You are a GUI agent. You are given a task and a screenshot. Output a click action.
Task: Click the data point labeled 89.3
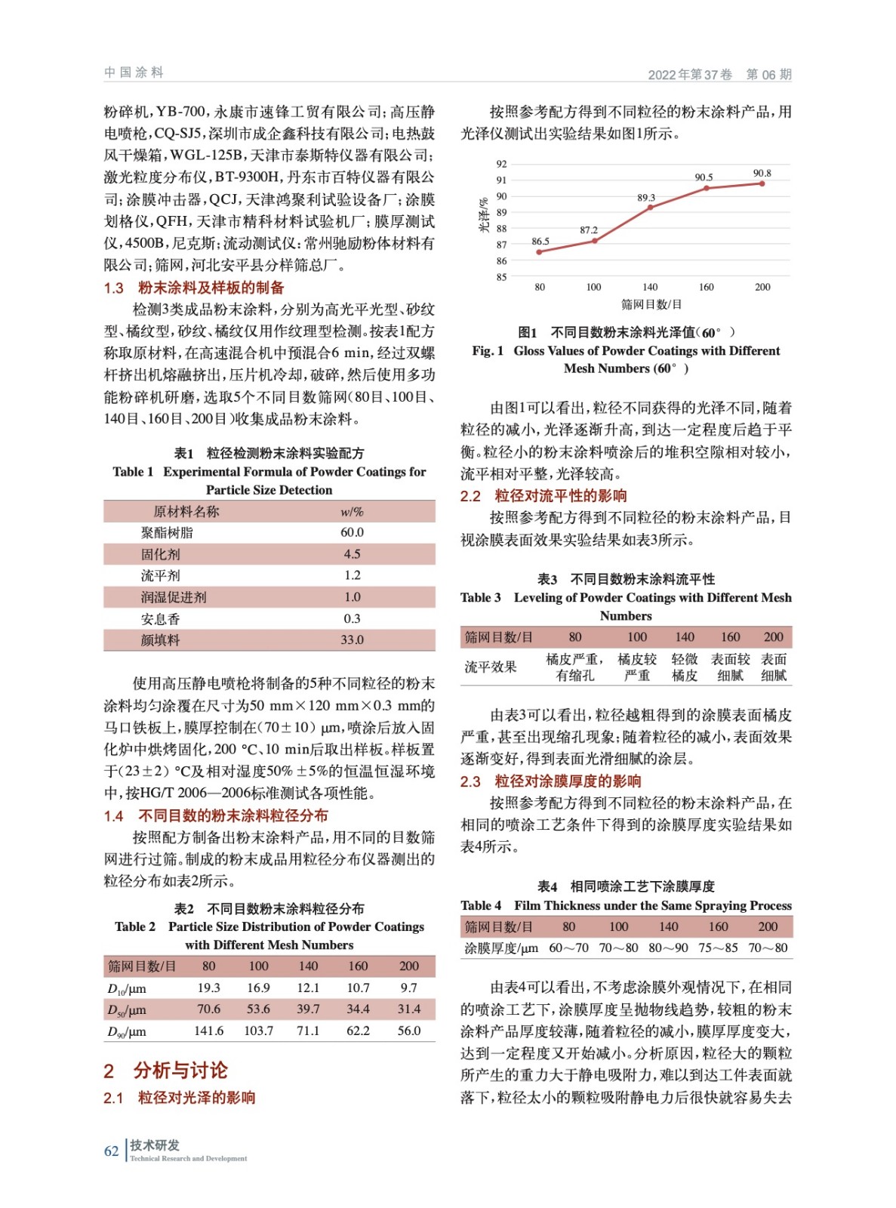pyautogui.click(x=650, y=208)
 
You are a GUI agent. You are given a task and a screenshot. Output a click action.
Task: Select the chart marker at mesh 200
pyautogui.click(x=762, y=183)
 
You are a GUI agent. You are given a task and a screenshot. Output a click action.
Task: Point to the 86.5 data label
pyautogui.click(x=540, y=242)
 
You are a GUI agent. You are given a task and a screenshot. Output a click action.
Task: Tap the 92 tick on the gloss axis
pyautogui.click(x=502, y=164)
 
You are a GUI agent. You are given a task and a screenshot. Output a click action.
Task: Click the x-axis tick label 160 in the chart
pyautogui.click(x=706, y=287)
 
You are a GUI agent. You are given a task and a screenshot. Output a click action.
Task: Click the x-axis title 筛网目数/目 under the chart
pyautogui.click(x=651, y=304)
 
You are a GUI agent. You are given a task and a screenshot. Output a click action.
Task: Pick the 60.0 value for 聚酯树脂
pyautogui.click(x=352, y=532)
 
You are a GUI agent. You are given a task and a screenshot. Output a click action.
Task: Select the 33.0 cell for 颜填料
pyautogui.click(x=352, y=640)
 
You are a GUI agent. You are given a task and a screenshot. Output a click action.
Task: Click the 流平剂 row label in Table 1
pyautogui.click(x=161, y=575)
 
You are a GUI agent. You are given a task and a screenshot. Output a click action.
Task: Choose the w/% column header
pyautogui.click(x=352, y=511)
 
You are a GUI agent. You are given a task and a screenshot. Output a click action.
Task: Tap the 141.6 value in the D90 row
pyautogui.click(x=209, y=1031)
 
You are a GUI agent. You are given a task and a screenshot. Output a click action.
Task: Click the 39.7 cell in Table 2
pyautogui.click(x=308, y=1009)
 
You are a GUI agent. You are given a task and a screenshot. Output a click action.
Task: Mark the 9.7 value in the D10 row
pyautogui.click(x=408, y=988)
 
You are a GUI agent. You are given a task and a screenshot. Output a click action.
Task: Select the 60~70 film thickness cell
pyautogui.click(x=568, y=948)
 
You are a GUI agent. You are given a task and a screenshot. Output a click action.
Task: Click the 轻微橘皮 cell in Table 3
pyautogui.click(x=685, y=667)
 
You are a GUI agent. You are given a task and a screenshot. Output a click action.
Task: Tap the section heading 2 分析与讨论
pyautogui.click(x=165, y=1070)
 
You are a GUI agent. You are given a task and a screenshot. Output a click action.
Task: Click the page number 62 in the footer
pyautogui.click(x=112, y=1151)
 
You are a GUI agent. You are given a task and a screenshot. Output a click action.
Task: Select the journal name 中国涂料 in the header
pyautogui.click(x=134, y=72)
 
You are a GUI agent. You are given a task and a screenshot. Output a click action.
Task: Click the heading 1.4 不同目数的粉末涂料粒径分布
pyautogui.click(x=216, y=815)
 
